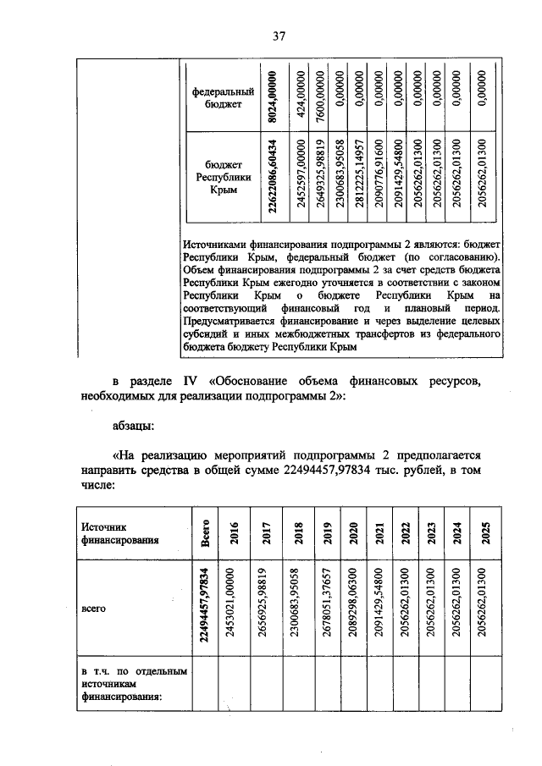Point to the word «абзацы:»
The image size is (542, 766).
pos(139,427)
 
